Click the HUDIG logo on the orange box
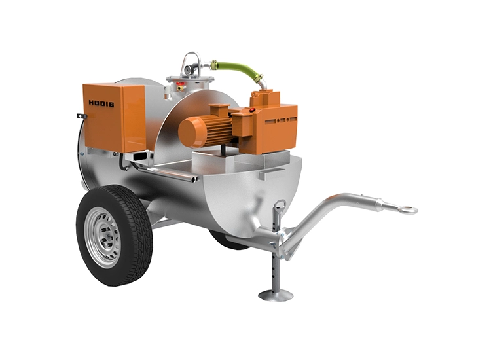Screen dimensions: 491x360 tap(101, 103)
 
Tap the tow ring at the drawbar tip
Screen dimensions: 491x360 tap(410, 209)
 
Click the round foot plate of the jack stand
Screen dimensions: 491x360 tap(276, 295)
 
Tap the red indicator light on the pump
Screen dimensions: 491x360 tap(253, 110)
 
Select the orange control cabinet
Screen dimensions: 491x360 tap(115, 117)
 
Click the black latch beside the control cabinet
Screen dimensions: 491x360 tap(82, 116)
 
